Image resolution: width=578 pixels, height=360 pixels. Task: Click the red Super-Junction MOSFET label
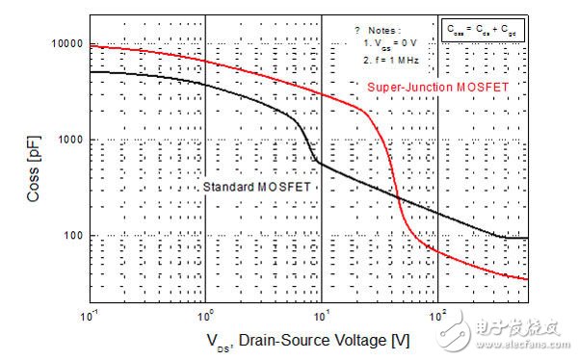point(437,88)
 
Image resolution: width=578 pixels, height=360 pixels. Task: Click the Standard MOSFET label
point(257,186)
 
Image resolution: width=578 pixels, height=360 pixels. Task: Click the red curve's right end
point(528,279)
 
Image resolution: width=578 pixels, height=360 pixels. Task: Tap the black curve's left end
point(90,72)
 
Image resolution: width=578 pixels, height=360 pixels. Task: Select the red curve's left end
point(90,45)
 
